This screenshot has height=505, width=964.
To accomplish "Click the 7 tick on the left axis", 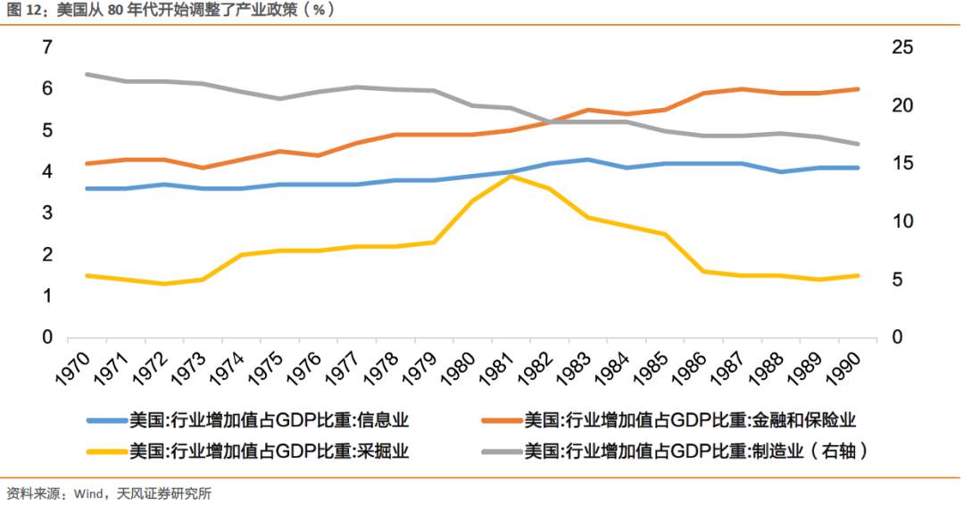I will point(46,47).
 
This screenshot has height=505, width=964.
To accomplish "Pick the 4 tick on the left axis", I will point(46,171).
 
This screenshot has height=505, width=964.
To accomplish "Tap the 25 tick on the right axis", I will point(902,47).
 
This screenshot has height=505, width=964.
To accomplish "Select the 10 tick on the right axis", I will point(902,221).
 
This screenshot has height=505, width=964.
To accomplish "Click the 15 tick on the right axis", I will point(902,163).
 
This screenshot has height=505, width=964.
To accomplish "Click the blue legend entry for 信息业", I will point(250,419).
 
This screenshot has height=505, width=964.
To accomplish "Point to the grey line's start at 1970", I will point(87,74).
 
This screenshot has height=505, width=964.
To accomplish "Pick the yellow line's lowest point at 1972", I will point(163,284).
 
